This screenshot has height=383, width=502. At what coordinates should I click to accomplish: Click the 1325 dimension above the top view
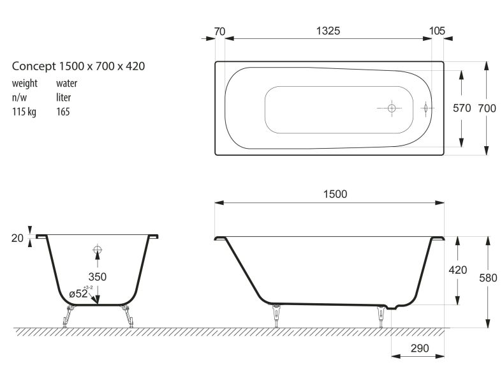tap(328, 31)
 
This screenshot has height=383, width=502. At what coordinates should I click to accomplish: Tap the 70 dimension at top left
tap(219, 32)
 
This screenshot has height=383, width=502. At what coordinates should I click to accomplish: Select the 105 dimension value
tap(437, 31)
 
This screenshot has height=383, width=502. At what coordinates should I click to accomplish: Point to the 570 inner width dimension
tap(462, 108)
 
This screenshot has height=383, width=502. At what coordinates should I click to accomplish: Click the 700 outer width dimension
tap(487, 109)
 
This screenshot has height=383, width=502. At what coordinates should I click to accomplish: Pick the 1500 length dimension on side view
tap(336, 194)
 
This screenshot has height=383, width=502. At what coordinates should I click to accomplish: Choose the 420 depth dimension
tap(458, 270)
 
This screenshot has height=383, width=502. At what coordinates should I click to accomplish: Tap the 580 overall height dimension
tap(488, 278)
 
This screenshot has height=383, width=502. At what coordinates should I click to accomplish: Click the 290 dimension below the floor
tap(420, 348)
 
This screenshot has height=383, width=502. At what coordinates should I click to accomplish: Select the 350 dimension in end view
tap(98, 276)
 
